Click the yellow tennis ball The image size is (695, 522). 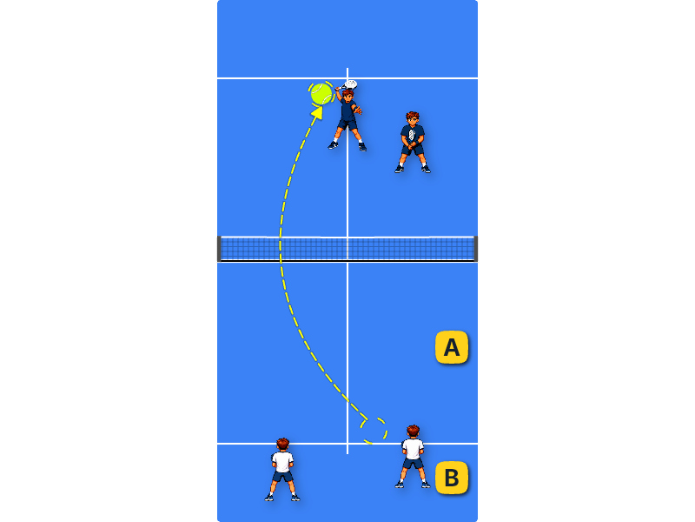pos(321,94)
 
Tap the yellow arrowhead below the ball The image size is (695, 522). pos(317,112)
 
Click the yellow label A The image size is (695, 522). pos(452,347)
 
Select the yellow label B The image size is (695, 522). pos(452,478)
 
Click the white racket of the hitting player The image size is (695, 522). pos(350,84)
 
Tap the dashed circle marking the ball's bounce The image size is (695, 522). pos(374,431)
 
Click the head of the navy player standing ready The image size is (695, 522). pos(413,118)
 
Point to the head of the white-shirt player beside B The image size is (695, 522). pos(413,432)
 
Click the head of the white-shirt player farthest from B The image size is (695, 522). pos(283,445)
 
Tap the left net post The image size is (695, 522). pos(219,249)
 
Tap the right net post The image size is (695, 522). pos(475,249)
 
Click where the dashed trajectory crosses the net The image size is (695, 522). pos(280,249)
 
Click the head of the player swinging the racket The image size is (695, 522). pos(347,95)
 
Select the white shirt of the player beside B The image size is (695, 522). pos(413,449)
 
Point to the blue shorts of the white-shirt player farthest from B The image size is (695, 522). pos(283,477)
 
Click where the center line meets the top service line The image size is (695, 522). pos(347,78)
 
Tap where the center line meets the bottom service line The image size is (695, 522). pos(347,443)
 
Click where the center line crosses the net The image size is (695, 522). pos(347,249)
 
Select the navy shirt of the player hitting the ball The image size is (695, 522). pos(347,110)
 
